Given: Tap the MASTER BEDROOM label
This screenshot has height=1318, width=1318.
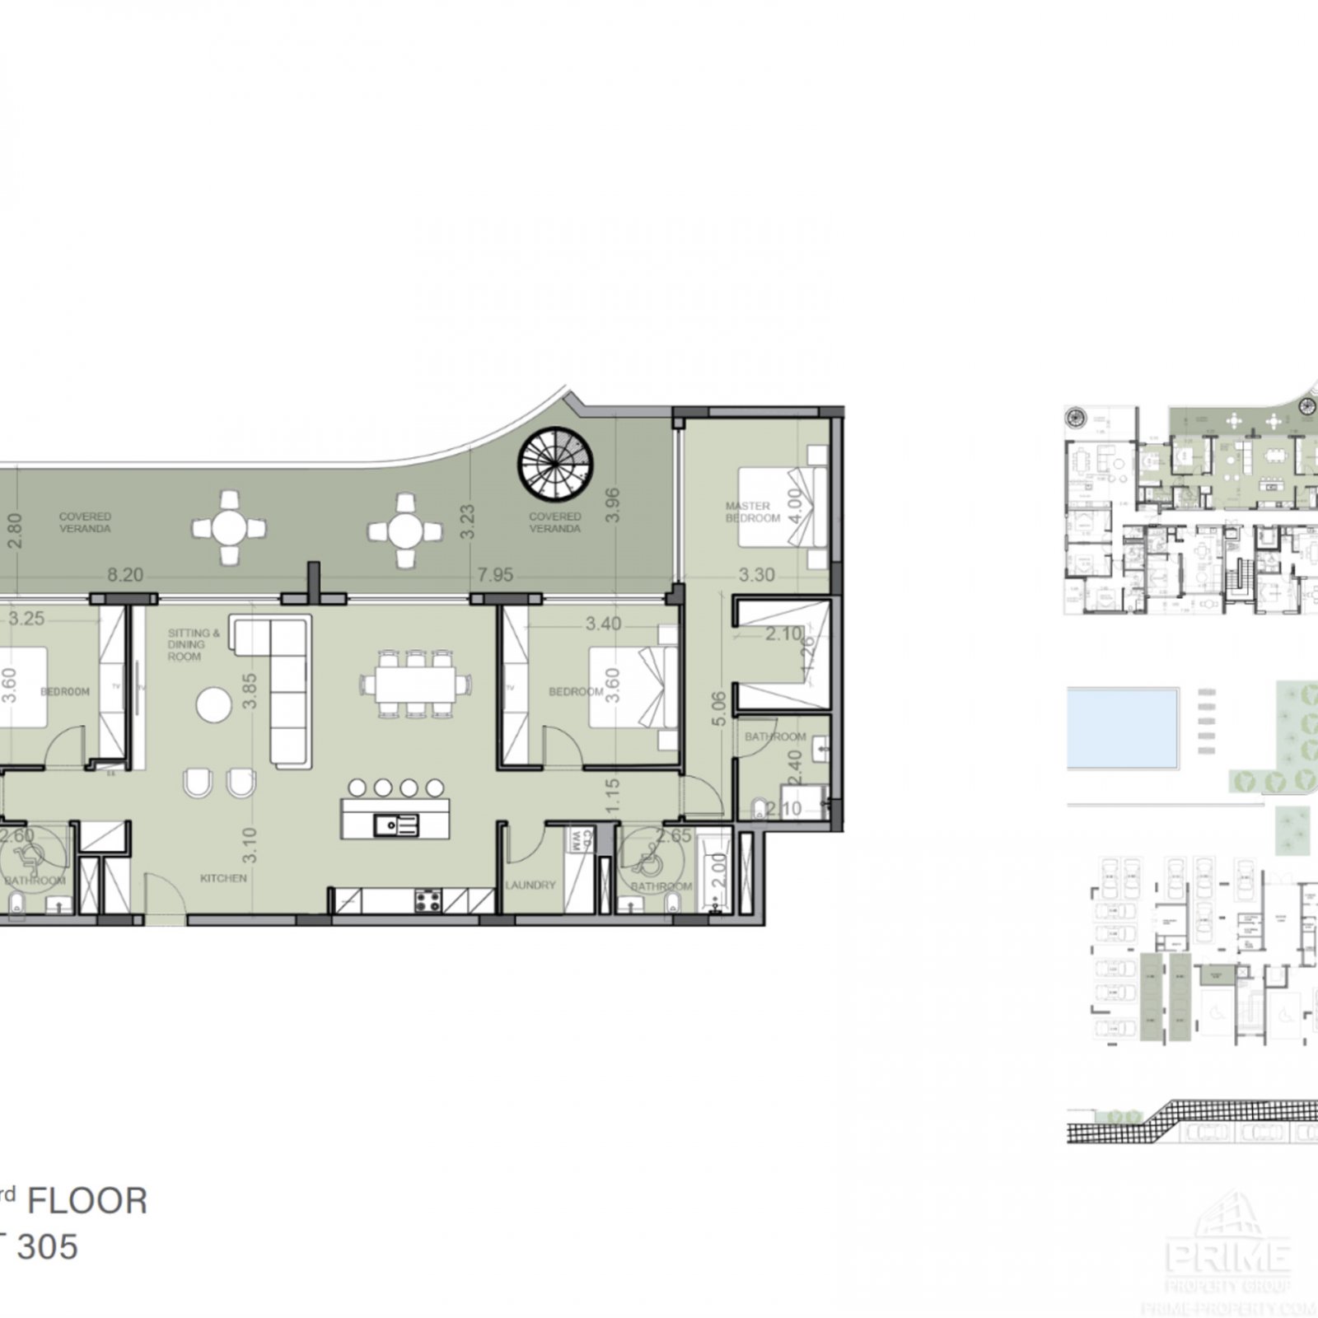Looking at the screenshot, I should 751,512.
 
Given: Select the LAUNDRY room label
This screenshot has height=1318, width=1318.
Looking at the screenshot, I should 530,885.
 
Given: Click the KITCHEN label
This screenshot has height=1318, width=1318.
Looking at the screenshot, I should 223,878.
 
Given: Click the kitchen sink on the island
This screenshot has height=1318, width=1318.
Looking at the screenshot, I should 395,824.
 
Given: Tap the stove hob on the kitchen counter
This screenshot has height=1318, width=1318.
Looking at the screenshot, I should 428,900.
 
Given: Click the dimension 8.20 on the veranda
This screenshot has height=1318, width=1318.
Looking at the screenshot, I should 125,574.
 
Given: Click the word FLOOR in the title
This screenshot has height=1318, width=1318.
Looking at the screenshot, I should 87,1201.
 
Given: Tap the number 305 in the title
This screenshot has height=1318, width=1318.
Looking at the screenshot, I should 48,1247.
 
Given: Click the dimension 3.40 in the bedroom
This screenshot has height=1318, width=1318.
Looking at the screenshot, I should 603,624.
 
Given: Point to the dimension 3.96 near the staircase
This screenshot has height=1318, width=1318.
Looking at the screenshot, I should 611,505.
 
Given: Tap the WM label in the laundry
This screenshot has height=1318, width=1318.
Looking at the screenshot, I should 577,840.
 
